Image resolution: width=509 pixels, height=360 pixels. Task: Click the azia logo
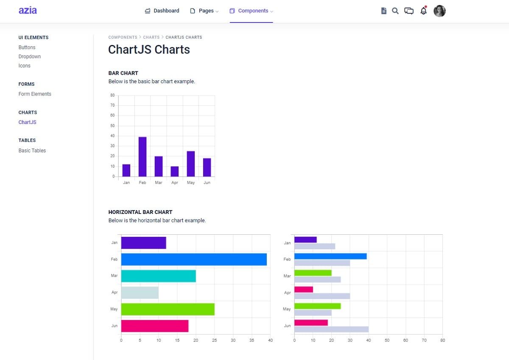pyautogui.click(x=28, y=11)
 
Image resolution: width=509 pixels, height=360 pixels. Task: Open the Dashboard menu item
pyautogui.click(x=162, y=11)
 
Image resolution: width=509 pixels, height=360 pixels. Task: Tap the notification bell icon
pyautogui.click(x=423, y=11)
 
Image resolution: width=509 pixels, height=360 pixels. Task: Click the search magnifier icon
pyautogui.click(x=395, y=11)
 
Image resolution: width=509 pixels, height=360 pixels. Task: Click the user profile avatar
pyautogui.click(x=439, y=11)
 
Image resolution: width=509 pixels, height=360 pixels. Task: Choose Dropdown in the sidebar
pyautogui.click(x=30, y=56)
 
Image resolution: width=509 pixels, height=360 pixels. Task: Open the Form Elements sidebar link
pyautogui.click(x=35, y=94)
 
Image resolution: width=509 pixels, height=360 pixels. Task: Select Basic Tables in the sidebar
pyautogui.click(x=32, y=150)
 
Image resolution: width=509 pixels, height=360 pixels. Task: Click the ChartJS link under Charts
pyautogui.click(x=28, y=122)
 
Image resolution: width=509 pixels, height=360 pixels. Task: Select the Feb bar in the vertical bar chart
pyautogui.click(x=143, y=157)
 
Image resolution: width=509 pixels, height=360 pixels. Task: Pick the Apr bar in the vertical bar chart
pyautogui.click(x=175, y=171)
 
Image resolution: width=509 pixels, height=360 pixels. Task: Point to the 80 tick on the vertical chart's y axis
pyautogui.click(x=112, y=95)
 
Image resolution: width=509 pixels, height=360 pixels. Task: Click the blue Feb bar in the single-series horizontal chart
pyautogui.click(x=194, y=259)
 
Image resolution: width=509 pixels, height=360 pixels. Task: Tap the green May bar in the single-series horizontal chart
pyautogui.click(x=168, y=309)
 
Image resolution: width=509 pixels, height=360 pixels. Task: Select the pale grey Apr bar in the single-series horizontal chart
pyautogui.click(x=140, y=292)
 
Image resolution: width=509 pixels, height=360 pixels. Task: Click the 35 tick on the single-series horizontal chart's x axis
pyautogui.click(x=252, y=340)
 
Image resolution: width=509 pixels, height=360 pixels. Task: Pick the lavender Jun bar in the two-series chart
pyautogui.click(x=331, y=329)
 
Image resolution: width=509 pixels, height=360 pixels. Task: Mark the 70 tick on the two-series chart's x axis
pyautogui.click(x=424, y=340)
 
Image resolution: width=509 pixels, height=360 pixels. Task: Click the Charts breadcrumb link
pyautogui.click(x=151, y=37)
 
